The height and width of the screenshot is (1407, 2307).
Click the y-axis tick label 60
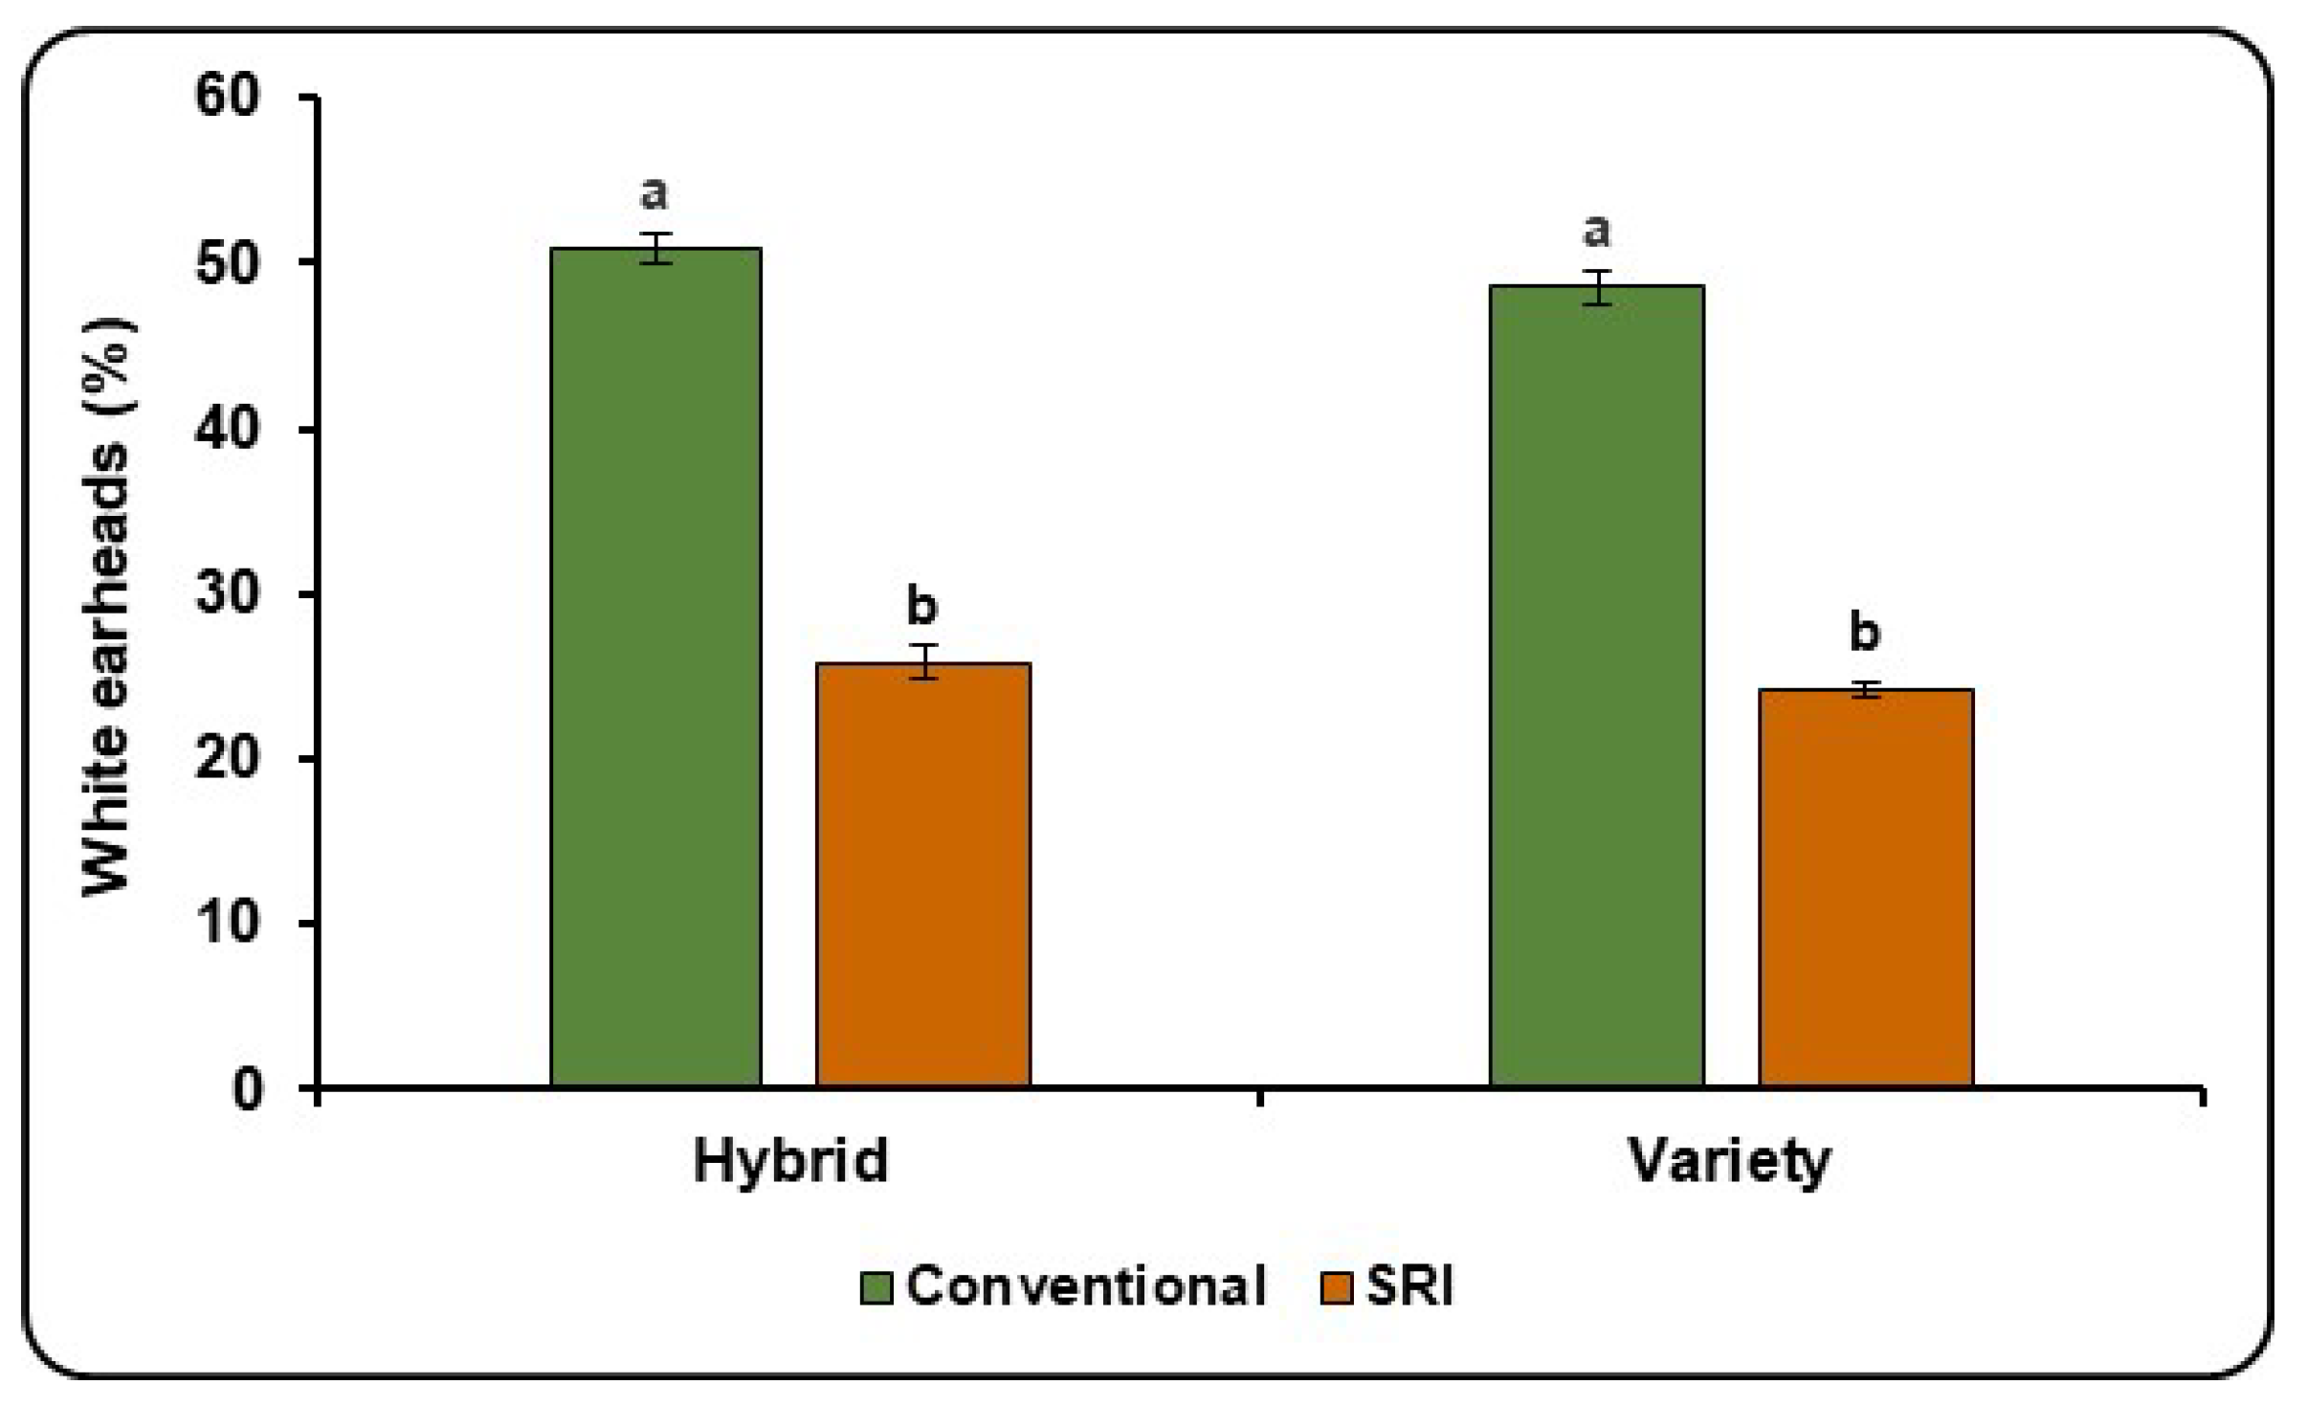point(227,96)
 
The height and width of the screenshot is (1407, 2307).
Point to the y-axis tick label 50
point(227,262)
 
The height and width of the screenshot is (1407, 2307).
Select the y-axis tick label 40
point(227,428)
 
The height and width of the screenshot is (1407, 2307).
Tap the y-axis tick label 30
point(227,593)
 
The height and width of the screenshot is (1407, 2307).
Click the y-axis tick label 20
point(227,759)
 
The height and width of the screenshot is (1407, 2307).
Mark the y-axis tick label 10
point(227,924)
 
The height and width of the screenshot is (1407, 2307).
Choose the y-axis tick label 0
point(247,1089)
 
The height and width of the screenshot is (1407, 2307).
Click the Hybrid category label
point(790,1162)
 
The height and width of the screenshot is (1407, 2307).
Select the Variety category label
point(1730,1162)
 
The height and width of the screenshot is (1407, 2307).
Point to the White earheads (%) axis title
point(106,608)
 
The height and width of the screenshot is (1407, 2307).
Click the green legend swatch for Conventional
point(876,1287)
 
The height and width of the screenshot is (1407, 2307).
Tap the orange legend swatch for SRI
point(1336,1287)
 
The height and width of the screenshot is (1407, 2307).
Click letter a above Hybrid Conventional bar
point(654,194)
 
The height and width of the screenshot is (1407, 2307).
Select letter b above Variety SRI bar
point(1864,632)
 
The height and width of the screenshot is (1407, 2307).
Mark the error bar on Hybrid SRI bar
point(922,661)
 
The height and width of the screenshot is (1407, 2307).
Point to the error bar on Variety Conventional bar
point(1596,287)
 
